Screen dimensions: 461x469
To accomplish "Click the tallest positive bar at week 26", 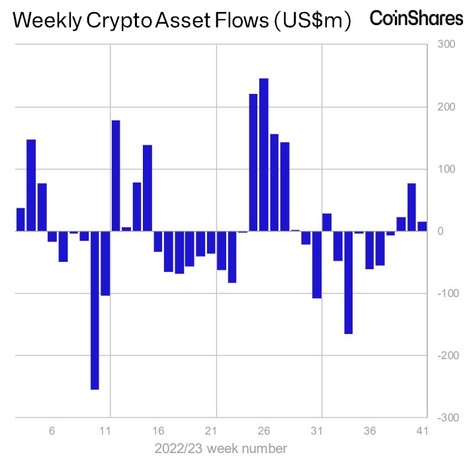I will pyautogui.click(x=263, y=155).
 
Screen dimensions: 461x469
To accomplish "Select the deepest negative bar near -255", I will pyautogui.click(x=95, y=310).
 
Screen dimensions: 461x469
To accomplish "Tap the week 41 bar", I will pyautogui.click(x=422, y=226).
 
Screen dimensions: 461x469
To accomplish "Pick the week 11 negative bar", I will pyautogui.click(x=105, y=263).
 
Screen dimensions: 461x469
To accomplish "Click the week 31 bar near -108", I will pyautogui.click(x=316, y=265).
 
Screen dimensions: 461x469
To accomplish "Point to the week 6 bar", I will pyautogui.click(x=52, y=236).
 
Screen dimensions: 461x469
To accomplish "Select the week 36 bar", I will pyautogui.click(x=369, y=250).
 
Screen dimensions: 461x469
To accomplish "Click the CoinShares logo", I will pyautogui.click(x=416, y=19).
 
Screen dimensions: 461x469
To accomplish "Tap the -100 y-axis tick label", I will pyautogui.click(x=444, y=294).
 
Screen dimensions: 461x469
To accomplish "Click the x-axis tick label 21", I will pyautogui.click(x=212, y=431).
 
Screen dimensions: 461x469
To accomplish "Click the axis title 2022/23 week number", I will pyautogui.click(x=221, y=448).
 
